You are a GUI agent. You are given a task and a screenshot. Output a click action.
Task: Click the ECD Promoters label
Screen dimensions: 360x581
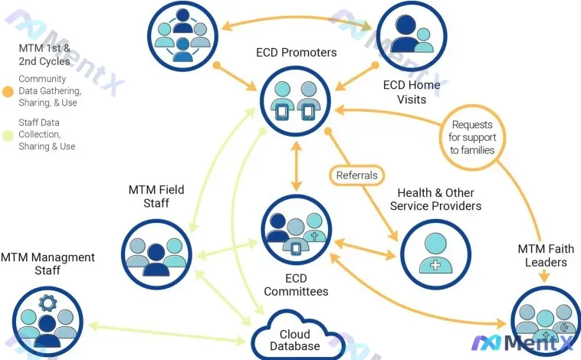click(x=296, y=53)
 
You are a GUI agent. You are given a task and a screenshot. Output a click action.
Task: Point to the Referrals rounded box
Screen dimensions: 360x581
click(x=357, y=175)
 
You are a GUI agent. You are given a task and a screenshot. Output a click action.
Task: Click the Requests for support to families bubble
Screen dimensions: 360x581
click(x=471, y=137)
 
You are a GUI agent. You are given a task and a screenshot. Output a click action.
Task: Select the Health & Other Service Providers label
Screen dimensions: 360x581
click(x=435, y=199)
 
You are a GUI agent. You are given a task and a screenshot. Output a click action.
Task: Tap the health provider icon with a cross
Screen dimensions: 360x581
click(x=434, y=251)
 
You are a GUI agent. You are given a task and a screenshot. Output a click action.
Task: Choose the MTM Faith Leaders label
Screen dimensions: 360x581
click(x=542, y=256)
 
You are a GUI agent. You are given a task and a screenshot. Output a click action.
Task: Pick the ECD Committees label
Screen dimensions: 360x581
click(x=296, y=285)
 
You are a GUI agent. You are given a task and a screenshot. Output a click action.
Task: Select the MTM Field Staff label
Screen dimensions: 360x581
click(x=156, y=196)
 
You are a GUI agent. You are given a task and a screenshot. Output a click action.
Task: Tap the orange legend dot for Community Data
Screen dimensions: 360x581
click(x=8, y=91)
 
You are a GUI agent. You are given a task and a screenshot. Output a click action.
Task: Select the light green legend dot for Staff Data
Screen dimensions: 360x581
click(x=8, y=134)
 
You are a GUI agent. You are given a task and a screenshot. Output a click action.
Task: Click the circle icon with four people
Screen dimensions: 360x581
click(x=182, y=34)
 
